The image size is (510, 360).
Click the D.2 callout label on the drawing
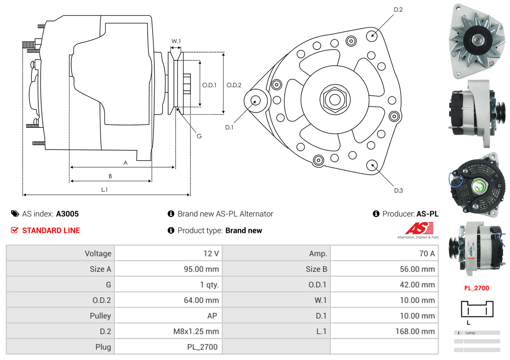point(398,9)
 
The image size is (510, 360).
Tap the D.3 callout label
point(398,190)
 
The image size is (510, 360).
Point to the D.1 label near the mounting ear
point(229,127)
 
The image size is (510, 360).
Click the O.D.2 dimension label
point(234,85)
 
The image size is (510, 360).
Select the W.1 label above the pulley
point(176,41)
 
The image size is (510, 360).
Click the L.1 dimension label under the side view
point(105,189)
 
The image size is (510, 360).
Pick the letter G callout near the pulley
point(199,136)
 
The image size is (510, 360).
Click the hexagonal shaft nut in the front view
point(334,99)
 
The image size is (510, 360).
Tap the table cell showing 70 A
point(427,254)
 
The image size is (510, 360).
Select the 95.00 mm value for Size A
point(201,269)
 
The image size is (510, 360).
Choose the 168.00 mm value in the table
point(417,331)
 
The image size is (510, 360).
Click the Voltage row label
point(98,254)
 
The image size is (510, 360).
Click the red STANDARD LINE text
point(51,231)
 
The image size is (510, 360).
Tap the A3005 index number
point(67,214)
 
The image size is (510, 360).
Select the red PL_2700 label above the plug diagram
point(477,288)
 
